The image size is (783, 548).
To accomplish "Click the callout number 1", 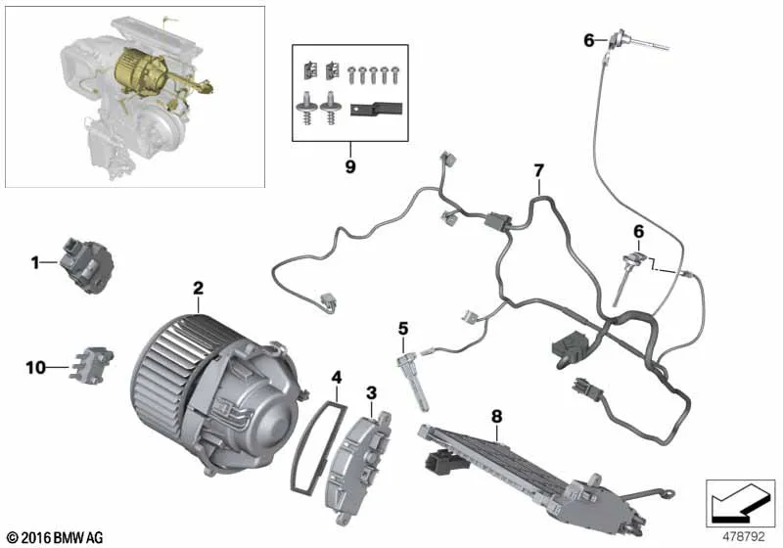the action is click(34, 262).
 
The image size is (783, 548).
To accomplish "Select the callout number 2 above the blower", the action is click(199, 288).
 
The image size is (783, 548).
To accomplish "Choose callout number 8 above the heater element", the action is click(496, 416).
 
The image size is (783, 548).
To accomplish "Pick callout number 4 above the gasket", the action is click(337, 378).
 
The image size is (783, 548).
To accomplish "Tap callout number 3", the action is click(371, 393).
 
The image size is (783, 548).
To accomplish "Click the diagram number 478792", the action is click(744, 536).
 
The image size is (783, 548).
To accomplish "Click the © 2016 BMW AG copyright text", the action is click(56, 538).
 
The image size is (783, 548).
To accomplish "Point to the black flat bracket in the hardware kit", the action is click(376, 110).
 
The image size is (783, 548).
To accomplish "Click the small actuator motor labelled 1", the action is click(86, 265).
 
